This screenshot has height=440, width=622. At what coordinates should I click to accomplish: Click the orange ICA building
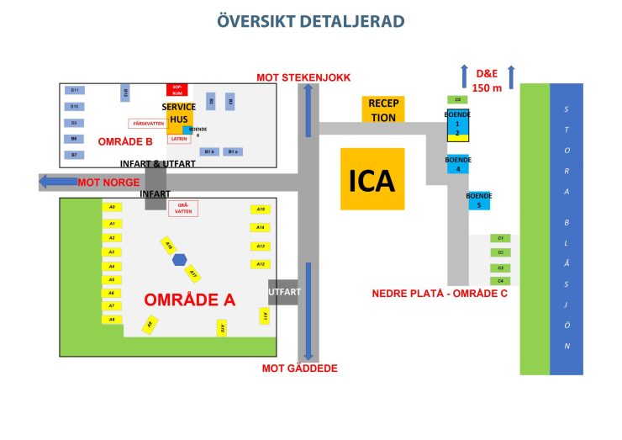[372, 178]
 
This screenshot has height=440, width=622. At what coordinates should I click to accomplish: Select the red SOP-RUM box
[177, 89]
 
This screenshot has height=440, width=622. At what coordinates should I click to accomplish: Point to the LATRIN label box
[179, 138]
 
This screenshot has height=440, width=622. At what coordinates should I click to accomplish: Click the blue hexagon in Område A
[179, 260]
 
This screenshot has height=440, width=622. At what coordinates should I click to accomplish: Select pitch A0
[111, 207]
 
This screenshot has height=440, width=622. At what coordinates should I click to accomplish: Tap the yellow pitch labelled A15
[261, 209]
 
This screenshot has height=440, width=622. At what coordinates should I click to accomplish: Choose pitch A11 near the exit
[264, 315]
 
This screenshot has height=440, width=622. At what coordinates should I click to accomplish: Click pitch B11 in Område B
[75, 90]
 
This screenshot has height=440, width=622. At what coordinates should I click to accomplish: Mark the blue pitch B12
[125, 93]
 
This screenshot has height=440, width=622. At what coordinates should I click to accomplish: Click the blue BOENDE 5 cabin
[479, 201]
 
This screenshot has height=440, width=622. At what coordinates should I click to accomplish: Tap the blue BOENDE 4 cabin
[458, 165]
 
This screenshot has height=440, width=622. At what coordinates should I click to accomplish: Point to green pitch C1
[500, 239]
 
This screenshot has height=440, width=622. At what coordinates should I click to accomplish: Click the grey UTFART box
[283, 292]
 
